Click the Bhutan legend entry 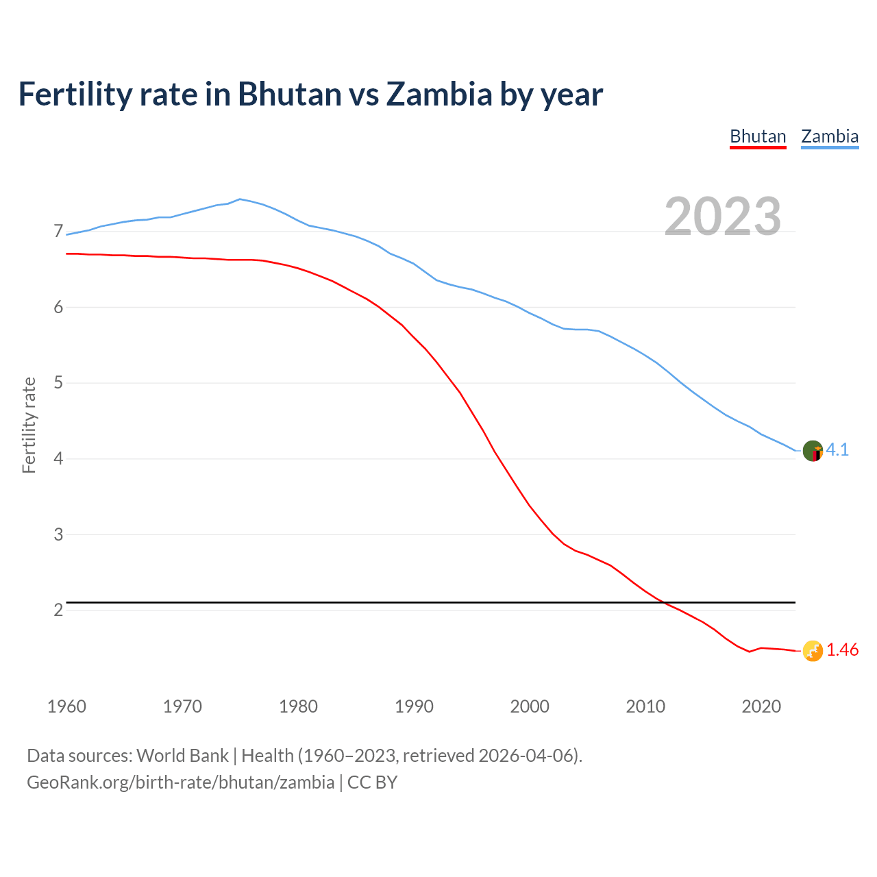758,136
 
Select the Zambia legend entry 830,136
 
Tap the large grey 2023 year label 723,217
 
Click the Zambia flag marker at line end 813,451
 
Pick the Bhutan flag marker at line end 813,651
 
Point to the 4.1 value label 837,449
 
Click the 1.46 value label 842,650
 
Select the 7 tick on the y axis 58,232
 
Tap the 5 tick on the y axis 58,383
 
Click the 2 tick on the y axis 58,610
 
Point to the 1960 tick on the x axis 66,706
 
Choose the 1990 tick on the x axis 414,706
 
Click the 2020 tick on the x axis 761,706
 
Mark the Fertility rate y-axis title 29,425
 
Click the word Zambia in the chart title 439,94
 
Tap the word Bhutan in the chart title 290,94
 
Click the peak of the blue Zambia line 239,199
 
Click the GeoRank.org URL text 180,782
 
